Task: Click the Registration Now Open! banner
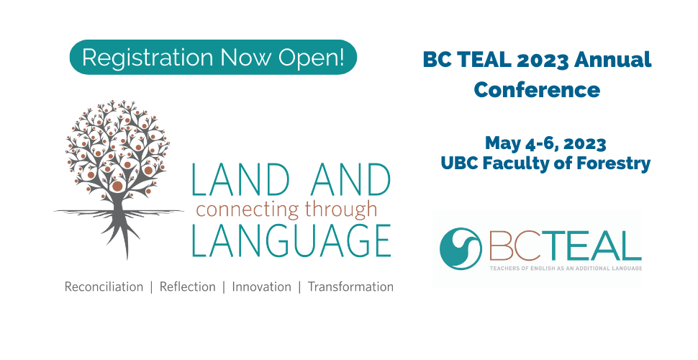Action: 213,57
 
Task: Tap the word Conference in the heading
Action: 537,89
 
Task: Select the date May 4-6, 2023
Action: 545,144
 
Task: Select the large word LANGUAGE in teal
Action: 291,240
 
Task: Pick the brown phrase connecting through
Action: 286,210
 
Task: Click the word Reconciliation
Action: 104,287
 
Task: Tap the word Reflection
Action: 187,287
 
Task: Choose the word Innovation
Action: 261,287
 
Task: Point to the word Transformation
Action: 350,287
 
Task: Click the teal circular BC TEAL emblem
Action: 461,248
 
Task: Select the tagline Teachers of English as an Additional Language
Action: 566,269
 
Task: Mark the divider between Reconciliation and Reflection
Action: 151,287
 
